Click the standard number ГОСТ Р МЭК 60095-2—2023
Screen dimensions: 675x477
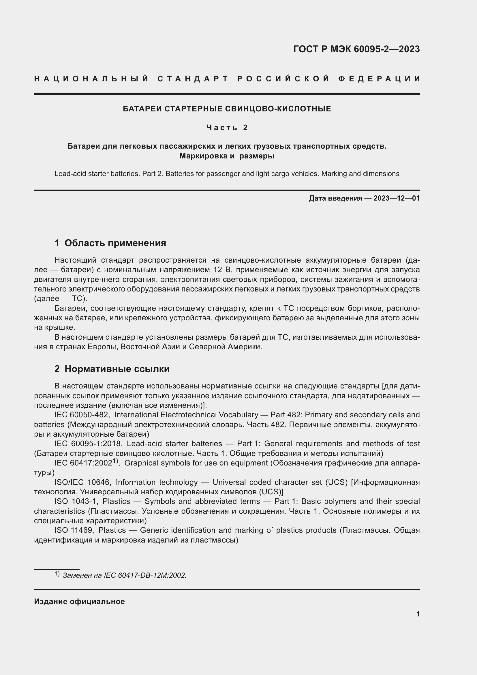[356, 49]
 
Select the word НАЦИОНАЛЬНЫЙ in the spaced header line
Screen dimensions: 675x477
[91, 79]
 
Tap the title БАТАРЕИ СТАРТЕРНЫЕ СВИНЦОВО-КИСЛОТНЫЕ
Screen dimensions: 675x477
[227, 109]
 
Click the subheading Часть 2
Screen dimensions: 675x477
[227, 128]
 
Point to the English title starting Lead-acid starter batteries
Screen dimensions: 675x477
[227, 174]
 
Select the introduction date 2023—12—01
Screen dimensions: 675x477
[396, 198]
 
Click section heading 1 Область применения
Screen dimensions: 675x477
[110, 243]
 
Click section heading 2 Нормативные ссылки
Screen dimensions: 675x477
[112, 369]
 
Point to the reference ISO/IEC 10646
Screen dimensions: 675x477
[82, 483]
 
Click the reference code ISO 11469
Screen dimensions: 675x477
[74, 530]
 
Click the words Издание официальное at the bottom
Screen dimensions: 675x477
[79, 601]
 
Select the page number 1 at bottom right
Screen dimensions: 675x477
[418, 614]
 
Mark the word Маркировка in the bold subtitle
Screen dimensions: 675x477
[202, 156]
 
